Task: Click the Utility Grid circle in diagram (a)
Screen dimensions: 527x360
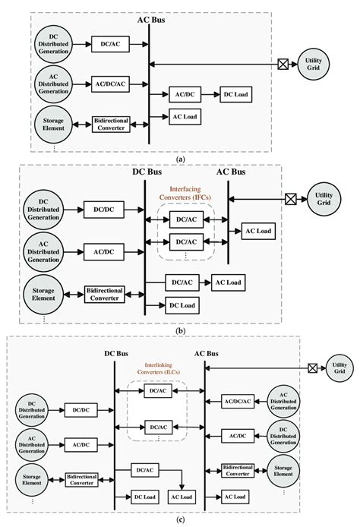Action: (x=314, y=65)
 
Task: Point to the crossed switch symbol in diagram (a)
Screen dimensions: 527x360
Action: (x=280, y=65)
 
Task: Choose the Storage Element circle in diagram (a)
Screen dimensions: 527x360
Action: (x=53, y=121)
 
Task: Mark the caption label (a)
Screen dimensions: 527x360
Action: (x=179, y=160)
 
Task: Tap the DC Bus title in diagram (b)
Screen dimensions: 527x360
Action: (x=147, y=174)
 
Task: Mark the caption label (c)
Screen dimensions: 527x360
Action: (x=179, y=521)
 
